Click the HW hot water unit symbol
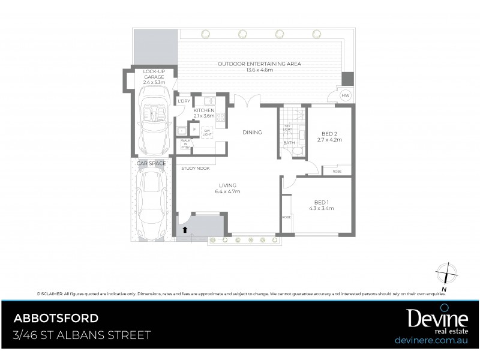pyautogui.click(x=346, y=96)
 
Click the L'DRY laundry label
pyautogui.click(x=184, y=101)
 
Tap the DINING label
pyautogui.click(x=252, y=132)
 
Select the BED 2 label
pyautogui.click(x=329, y=136)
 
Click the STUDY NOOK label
pyautogui.click(x=196, y=169)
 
